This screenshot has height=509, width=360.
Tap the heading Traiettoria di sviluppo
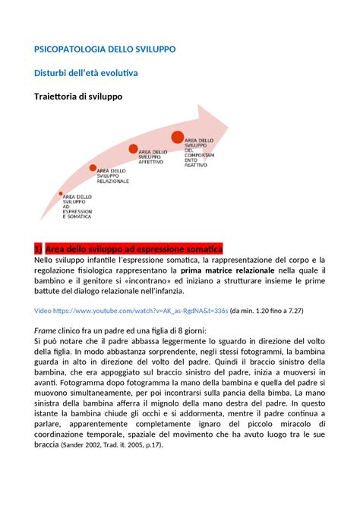point(73,97)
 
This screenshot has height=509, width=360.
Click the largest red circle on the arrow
point(178,138)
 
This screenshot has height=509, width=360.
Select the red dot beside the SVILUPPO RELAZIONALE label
point(93,168)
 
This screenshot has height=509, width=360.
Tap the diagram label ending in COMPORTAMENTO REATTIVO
point(200,153)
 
